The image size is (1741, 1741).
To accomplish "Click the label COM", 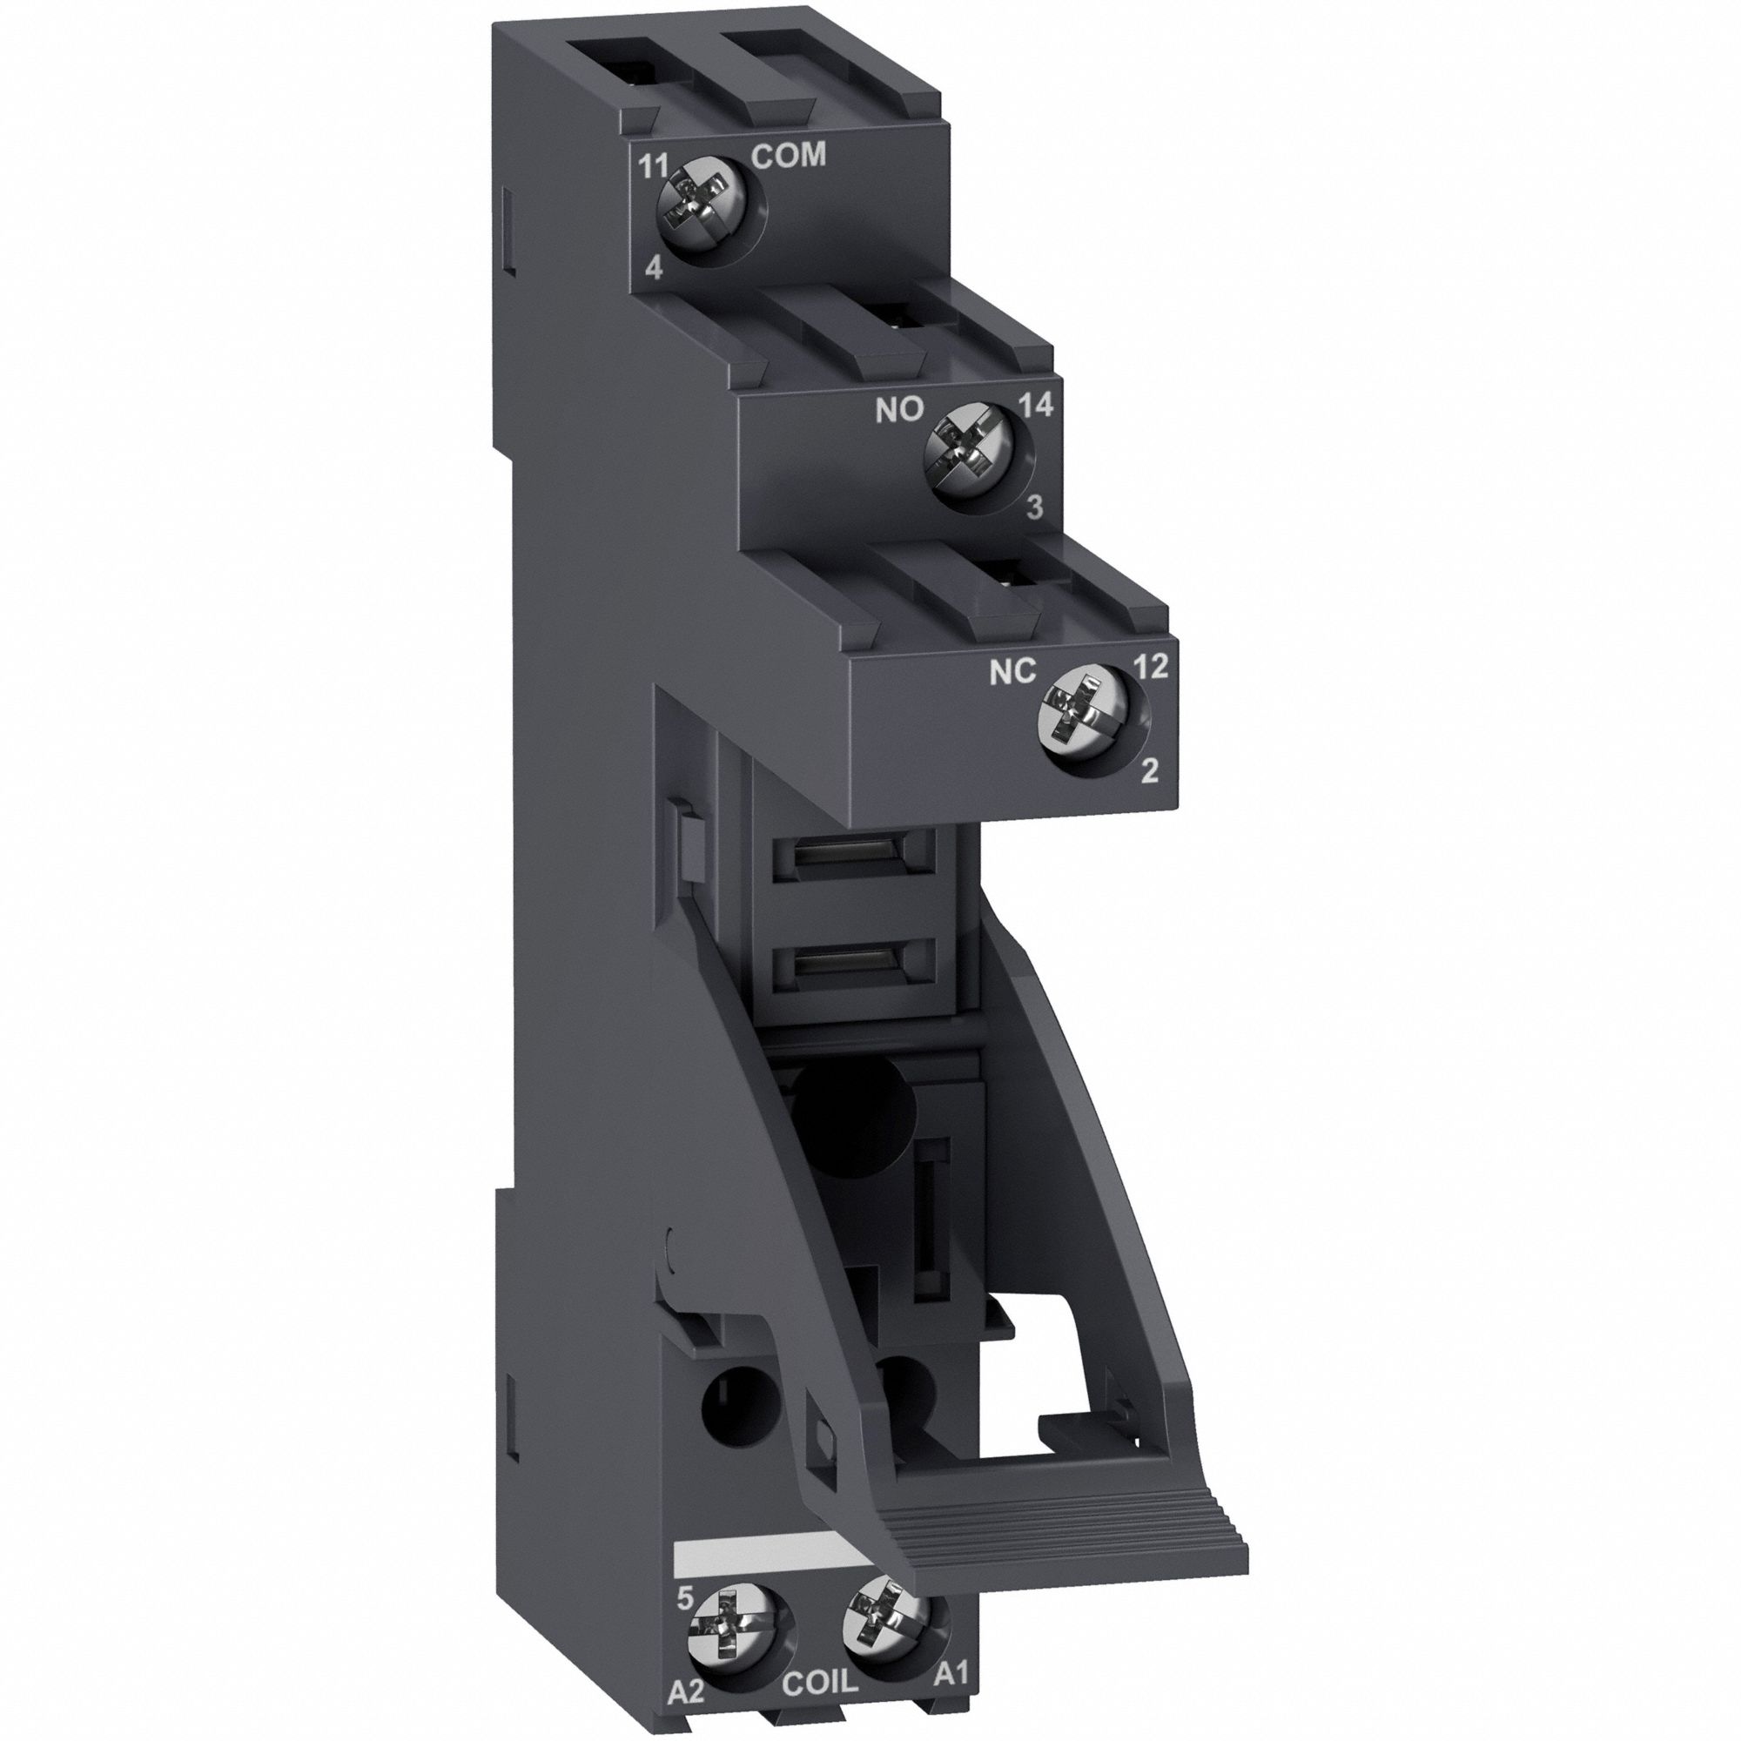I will [789, 156].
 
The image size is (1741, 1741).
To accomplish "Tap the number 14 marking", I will [1036, 407].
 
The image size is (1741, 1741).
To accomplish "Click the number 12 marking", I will [1151, 666].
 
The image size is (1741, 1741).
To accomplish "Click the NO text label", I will [900, 410].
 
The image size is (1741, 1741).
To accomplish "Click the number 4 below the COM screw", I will [655, 270].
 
